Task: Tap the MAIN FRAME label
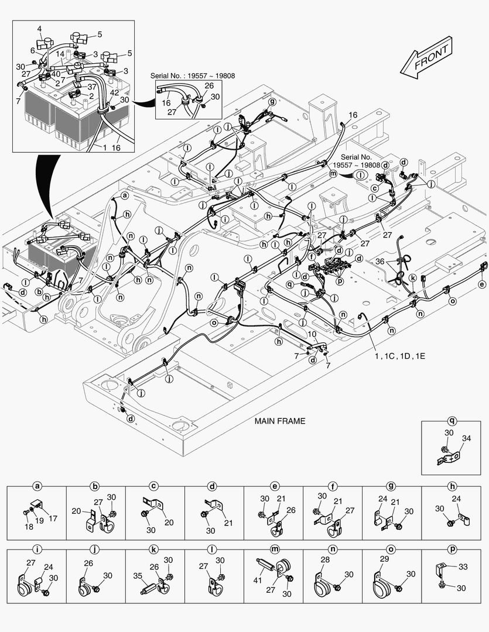(279, 421)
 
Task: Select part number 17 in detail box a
(53, 518)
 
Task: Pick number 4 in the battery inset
(40, 29)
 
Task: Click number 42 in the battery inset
(114, 92)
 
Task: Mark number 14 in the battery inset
(60, 53)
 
